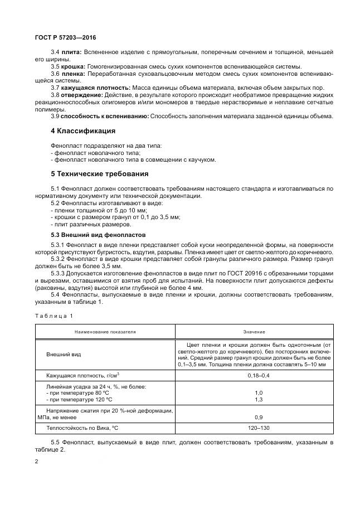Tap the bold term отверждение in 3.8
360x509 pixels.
(x=78, y=95)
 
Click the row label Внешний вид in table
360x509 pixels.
(x=63, y=354)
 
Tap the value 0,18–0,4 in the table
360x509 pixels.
(x=255, y=376)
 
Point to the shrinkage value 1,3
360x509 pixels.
(x=255, y=400)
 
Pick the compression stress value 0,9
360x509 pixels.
(x=255, y=417)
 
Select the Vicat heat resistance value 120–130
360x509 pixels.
(x=255, y=428)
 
